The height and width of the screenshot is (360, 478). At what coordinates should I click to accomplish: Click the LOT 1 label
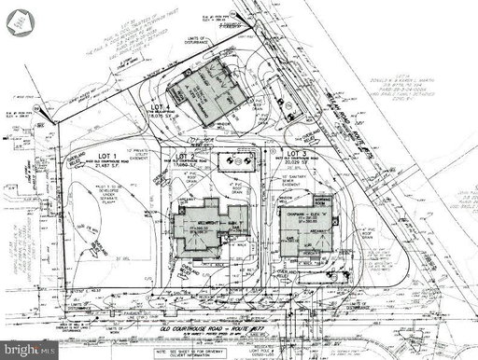(x=102, y=156)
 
